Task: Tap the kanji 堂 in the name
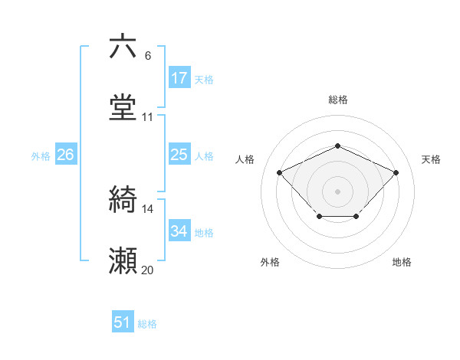coord(123,108)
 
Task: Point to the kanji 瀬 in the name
coord(123,261)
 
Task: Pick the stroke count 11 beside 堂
coord(148,117)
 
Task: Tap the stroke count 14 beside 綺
coord(148,209)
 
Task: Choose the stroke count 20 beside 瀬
coord(148,270)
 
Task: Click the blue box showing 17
coord(179,78)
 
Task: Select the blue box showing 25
coord(179,155)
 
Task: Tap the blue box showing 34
coord(179,231)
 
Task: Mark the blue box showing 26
coord(65,155)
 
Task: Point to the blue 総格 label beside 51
coord(147,324)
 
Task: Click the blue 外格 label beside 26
coord(41,156)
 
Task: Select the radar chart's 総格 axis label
coord(337,100)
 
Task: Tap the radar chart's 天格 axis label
coord(431,159)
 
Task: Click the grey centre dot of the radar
coord(337,190)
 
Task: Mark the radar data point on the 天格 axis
coord(396,172)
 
